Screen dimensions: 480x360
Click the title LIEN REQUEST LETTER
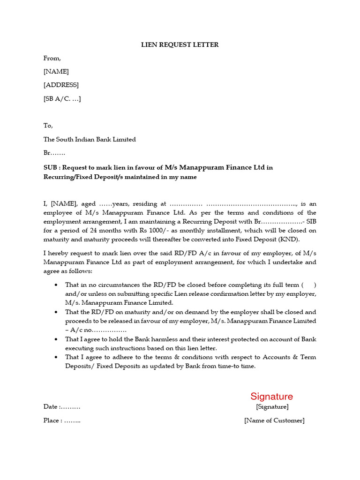click(x=180, y=45)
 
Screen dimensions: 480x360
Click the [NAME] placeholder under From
click(x=56, y=72)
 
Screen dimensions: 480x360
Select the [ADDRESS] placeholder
click(x=61, y=85)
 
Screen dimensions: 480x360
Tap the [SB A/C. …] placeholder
click(x=62, y=99)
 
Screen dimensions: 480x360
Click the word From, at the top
click(x=52, y=59)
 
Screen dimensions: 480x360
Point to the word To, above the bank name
click(x=48, y=126)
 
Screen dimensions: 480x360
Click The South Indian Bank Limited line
click(x=90, y=139)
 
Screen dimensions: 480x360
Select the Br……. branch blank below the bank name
click(x=54, y=153)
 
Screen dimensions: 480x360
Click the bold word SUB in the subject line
click(x=51, y=167)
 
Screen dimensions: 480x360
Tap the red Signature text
click(x=271, y=397)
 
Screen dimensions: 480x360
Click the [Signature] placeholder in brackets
click(x=272, y=407)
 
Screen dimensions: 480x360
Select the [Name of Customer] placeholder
click(x=274, y=420)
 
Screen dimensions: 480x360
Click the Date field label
click(x=51, y=407)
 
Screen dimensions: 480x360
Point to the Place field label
click(x=52, y=420)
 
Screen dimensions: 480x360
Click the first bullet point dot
click(x=57, y=285)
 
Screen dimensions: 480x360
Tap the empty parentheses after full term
click(x=308, y=285)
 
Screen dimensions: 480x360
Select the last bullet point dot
click(x=57, y=358)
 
